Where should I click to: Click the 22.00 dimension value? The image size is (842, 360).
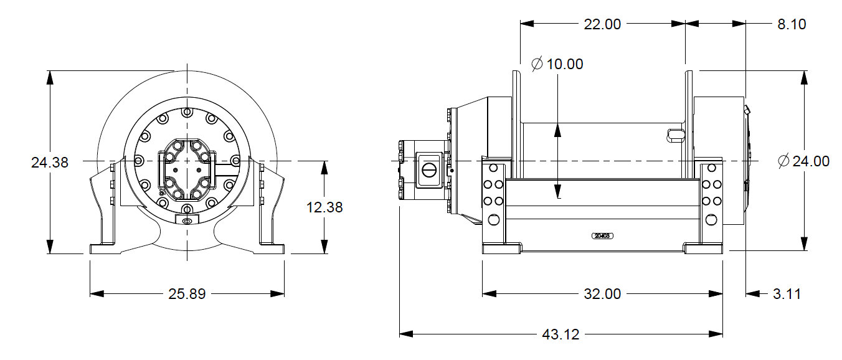602,24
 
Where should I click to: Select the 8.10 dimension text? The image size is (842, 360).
792,24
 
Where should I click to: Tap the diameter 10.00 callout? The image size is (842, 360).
557,64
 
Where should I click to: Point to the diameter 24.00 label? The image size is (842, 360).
803,161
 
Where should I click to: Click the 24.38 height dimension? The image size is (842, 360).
49,163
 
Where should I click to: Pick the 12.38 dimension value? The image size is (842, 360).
324,207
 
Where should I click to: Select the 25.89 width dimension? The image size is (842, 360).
187,293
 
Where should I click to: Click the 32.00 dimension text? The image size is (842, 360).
602,293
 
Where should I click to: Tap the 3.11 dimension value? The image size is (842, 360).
787,293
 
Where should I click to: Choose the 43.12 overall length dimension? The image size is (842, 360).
561,334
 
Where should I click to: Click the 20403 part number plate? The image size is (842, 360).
602,236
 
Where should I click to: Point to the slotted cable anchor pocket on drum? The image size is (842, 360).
675,134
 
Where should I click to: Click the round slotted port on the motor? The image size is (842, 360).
429,169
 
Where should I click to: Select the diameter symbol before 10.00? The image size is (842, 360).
537,64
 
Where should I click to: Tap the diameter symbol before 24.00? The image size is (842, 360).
784,161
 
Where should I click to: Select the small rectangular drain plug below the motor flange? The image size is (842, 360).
187,220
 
